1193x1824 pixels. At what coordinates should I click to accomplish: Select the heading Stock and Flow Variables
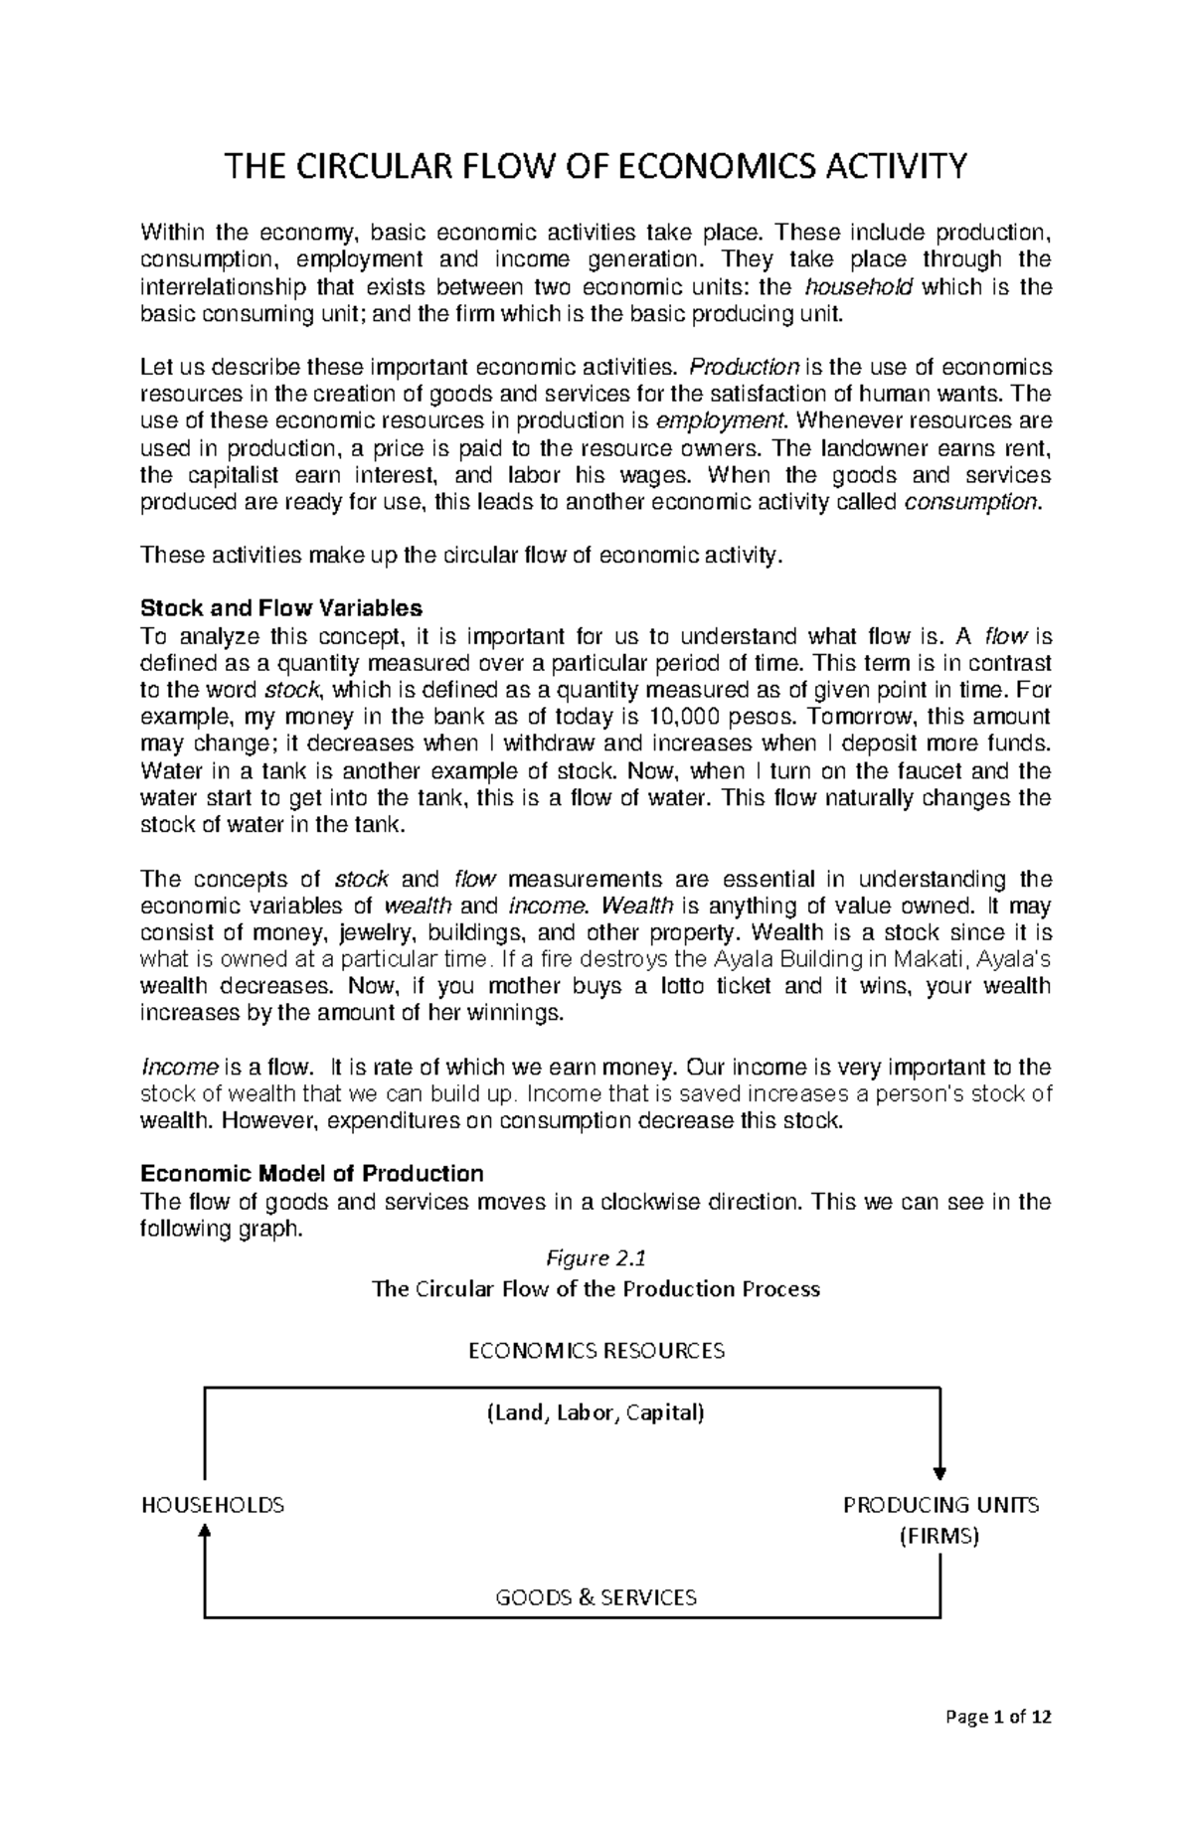pos(281,607)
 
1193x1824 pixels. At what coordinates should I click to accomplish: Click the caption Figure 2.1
pos(596,1258)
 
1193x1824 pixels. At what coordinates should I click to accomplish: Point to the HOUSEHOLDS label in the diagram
pos(213,1505)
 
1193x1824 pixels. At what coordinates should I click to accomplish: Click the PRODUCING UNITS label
pos(940,1505)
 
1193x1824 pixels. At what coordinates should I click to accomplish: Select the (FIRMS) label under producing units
pos(938,1536)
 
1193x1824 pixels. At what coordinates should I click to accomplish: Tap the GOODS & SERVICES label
pos(596,1597)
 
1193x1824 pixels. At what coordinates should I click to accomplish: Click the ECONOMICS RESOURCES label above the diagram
pos(596,1351)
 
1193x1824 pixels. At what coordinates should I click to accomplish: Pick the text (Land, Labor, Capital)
pos(595,1412)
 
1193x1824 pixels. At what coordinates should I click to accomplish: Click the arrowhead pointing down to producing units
pos(939,1472)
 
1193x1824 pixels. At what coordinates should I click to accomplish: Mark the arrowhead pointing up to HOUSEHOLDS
pos(205,1534)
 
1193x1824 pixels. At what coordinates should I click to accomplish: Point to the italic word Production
pos(744,367)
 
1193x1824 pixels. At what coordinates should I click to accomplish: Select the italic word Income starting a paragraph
pos(179,1068)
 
